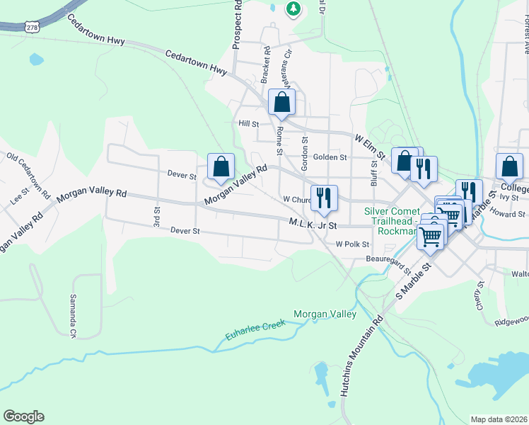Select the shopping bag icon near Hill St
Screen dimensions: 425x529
[x=281, y=103]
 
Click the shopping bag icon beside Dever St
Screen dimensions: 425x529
[x=221, y=167]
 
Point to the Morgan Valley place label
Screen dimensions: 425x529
[x=325, y=314]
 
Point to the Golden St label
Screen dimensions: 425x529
[x=330, y=157]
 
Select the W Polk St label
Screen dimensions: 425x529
[x=352, y=244]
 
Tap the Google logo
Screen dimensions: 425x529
[x=23, y=416]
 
